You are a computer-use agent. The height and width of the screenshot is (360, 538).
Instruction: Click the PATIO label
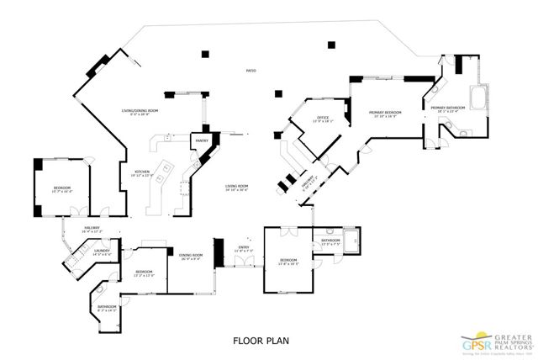[x=250, y=71]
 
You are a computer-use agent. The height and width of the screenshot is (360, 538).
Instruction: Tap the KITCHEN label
[x=142, y=172]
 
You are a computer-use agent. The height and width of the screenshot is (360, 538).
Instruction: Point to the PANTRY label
[x=202, y=140]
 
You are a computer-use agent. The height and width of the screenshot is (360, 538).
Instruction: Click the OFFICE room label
[x=322, y=117]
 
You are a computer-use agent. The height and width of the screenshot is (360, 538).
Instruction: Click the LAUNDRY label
[x=102, y=250]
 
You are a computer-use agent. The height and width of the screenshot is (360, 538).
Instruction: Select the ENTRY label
[x=244, y=246]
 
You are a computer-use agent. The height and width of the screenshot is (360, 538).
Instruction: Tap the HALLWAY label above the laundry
[x=92, y=227]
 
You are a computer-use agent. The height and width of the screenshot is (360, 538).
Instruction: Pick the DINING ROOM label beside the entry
[x=192, y=255]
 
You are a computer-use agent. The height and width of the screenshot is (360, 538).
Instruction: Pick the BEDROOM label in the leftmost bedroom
[x=62, y=187]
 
